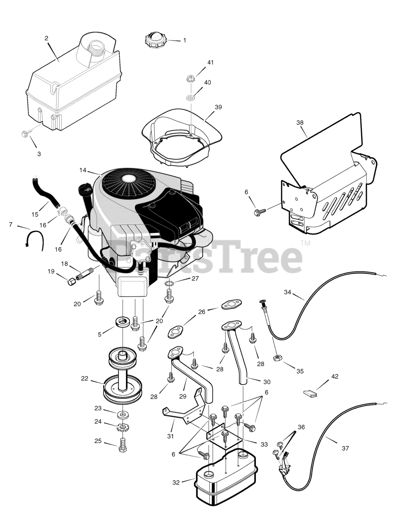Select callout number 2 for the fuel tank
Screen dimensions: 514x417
47,38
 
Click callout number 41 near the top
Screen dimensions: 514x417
211,63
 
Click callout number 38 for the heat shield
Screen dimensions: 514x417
300,122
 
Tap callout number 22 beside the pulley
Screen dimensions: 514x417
84,378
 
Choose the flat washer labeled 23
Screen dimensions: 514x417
122,414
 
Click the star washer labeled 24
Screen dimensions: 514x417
122,427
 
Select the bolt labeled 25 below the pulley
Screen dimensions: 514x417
123,444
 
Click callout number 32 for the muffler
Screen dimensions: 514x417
176,482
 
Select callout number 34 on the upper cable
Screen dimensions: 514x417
287,292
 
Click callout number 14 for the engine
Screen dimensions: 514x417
83,170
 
